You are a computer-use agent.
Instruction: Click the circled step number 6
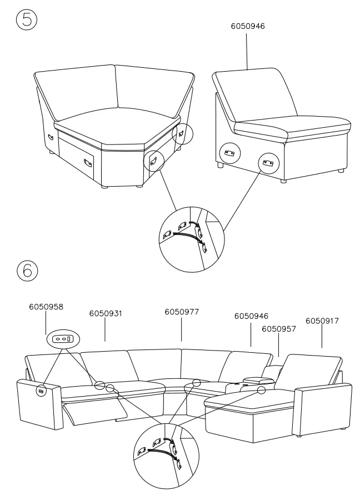click(x=27, y=271)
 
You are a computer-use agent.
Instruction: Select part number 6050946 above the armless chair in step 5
click(x=247, y=26)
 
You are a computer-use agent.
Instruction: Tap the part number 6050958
click(x=46, y=307)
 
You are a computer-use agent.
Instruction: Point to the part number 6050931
click(x=106, y=314)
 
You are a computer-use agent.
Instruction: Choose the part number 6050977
click(x=182, y=312)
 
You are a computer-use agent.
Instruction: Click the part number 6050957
click(x=279, y=329)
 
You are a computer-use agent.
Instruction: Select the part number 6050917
click(x=322, y=321)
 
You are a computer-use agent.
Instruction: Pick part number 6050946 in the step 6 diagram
click(x=251, y=316)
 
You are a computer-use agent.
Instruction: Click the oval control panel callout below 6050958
click(x=63, y=338)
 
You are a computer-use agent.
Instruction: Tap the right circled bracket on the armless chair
click(x=269, y=163)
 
